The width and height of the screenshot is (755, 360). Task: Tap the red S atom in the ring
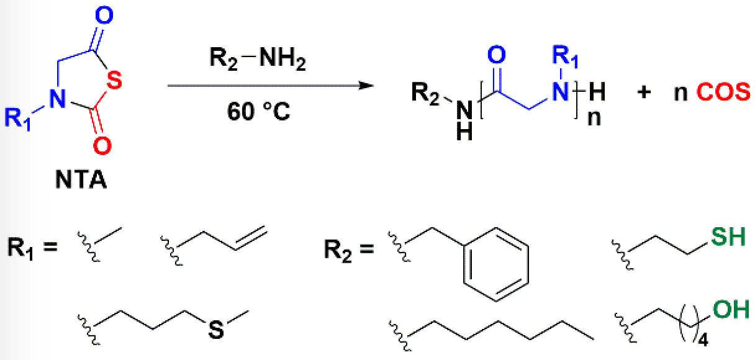(112, 79)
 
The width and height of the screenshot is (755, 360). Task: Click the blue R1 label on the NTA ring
(19, 118)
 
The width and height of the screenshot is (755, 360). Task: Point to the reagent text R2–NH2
(256, 63)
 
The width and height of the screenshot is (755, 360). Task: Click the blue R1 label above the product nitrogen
(564, 56)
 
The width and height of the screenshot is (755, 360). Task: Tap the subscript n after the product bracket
(594, 118)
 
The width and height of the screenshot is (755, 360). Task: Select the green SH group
(728, 237)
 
